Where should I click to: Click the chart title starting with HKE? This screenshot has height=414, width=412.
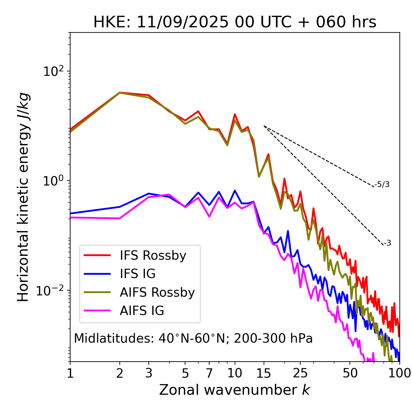(x=235, y=22)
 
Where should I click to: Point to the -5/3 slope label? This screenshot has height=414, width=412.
(x=382, y=184)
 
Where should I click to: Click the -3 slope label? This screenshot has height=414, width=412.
(x=387, y=243)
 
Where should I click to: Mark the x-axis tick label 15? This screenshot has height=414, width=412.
(x=264, y=373)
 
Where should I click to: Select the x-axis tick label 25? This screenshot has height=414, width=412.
(x=300, y=373)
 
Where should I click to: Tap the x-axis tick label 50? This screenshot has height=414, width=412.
(x=350, y=373)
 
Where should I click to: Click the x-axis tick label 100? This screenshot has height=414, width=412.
(x=399, y=373)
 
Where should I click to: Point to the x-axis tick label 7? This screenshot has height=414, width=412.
(x=209, y=373)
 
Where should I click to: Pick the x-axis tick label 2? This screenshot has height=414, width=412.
(x=120, y=373)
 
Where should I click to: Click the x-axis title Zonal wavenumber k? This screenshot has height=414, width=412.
(x=235, y=390)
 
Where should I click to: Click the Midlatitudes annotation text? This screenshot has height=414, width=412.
(x=193, y=338)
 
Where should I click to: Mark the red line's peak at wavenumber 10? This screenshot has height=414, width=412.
(x=235, y=114)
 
